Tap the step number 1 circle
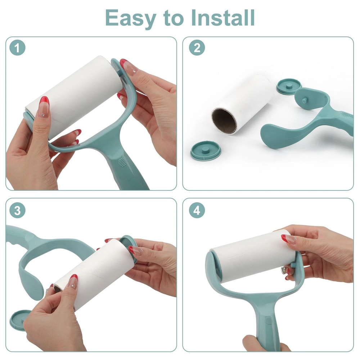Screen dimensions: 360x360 tap(17, 48)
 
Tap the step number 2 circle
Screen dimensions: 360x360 tap(197, 48)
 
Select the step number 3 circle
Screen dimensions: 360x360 tap(17, 210)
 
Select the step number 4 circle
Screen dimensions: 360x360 tap(197, 210)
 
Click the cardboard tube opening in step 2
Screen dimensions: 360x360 tap(224, 121)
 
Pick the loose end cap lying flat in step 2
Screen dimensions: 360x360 tap(205, 149)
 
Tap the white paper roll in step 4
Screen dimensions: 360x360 tap(252, 256)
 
